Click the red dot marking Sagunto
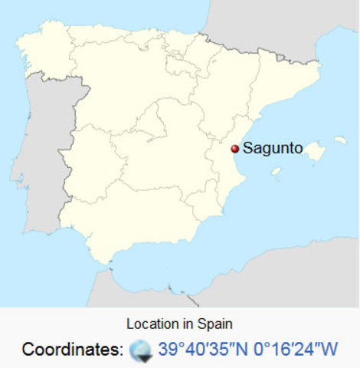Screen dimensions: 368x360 click(x=234, y=149)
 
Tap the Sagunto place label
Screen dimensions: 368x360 click(x=273, y=148)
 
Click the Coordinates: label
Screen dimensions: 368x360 click(x=72, y=350)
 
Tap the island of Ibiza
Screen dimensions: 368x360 click(x=277, y=171)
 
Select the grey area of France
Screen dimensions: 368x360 click(x=276, y=23)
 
